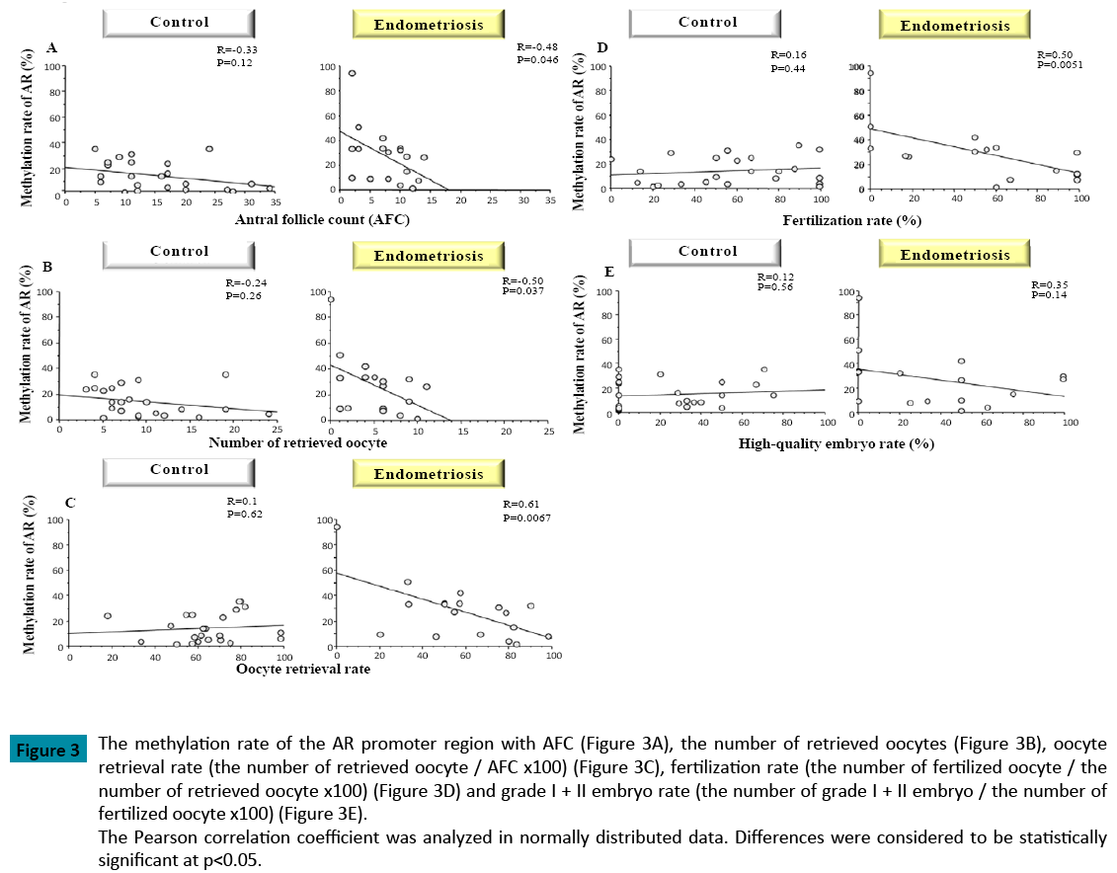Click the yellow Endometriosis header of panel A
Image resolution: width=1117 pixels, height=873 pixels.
click(429, 25)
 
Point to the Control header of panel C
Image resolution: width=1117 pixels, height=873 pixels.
click(180, 469)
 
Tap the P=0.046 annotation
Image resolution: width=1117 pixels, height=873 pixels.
click(538, 60)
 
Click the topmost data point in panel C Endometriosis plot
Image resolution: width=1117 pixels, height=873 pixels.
click(337, 527)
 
